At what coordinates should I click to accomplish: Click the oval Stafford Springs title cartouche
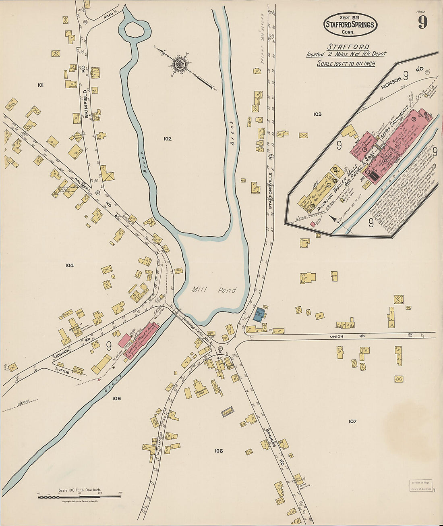tap(350, 24)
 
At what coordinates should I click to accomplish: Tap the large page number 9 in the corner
tap(422, 22)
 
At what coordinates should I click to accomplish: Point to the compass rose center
tap(180, 63)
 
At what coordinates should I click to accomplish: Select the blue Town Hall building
tap(259, 314)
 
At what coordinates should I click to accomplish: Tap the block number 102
tap(168, 139)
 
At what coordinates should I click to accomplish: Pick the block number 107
tap(352, 421)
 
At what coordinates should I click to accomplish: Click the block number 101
tap(40, 85)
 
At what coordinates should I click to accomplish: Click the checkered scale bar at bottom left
tap(79, 497)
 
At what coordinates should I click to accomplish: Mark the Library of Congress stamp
tap(420, 486)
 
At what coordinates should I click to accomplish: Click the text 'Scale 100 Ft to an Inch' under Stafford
tap(346, 64)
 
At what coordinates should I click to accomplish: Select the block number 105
tap(116, 398)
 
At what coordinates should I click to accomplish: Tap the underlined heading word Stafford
tap(348, 46)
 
